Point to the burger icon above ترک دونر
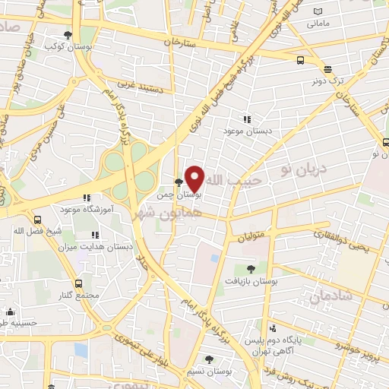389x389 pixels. point(327,67)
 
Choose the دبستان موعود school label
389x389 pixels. point(248,131)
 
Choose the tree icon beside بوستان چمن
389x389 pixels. point(178,182)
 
